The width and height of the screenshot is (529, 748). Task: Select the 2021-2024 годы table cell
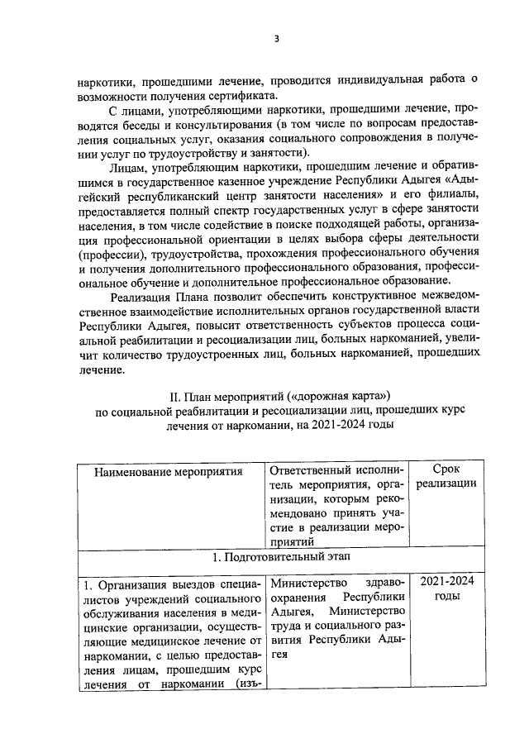click(446, 588)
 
